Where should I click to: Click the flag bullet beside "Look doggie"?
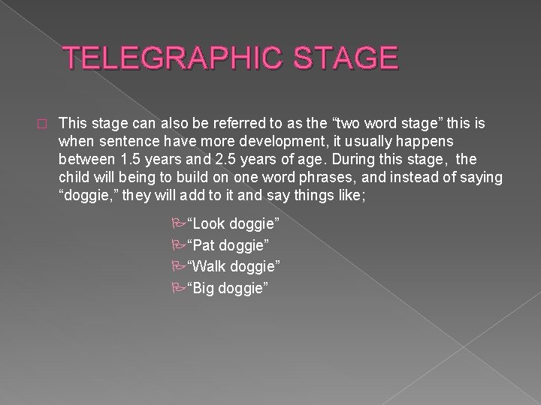[x=177, y=224]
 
